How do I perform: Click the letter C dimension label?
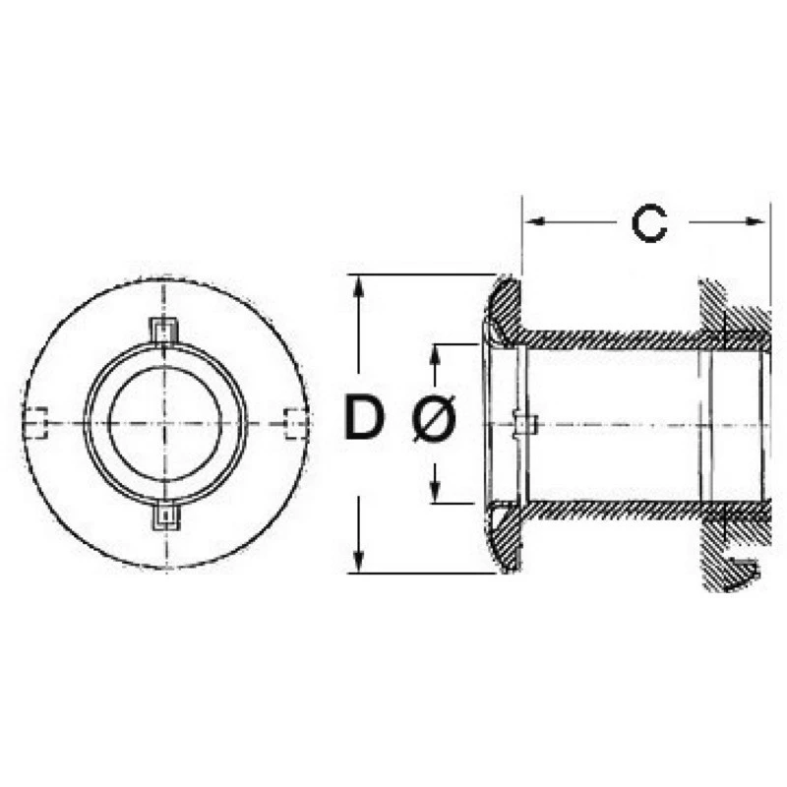(x=649, y=223)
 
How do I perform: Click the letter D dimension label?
(x=364, y=416)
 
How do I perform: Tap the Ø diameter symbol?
(x=434, y=417)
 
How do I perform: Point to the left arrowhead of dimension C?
(x=537, y=221)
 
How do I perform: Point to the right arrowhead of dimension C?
(x=756, y=221)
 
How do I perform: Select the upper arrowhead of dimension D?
(x=358, y=288)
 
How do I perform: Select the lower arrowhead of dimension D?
(x=358, y=559)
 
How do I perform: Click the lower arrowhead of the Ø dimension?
(x=436, y=490)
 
